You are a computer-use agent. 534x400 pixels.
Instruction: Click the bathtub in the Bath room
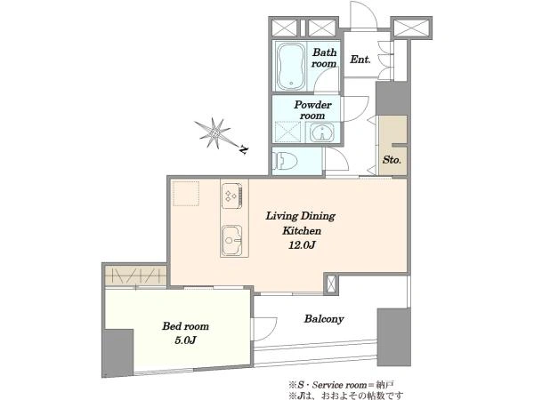point(290,66)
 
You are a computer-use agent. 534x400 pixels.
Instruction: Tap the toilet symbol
point(285,160)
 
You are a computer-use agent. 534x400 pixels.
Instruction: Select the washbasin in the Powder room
point(322,132)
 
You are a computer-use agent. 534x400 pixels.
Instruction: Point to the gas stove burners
point(232,196)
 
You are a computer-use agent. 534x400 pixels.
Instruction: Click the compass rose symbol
point(214,133)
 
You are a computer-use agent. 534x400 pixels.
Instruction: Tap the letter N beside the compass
point(244,149)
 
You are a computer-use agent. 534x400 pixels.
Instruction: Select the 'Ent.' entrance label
point(360,60)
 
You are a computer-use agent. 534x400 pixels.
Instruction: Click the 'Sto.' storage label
point(392,159)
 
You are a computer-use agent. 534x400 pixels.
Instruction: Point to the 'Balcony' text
point(324,319)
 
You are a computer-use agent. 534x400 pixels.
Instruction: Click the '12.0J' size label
point(302,245)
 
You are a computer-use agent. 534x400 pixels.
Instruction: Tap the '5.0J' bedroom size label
point(186,340)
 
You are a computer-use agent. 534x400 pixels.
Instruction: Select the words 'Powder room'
point(312,110)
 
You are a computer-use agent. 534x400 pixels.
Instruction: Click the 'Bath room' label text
point(324,58)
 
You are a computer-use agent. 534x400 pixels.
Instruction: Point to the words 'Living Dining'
point(301,216)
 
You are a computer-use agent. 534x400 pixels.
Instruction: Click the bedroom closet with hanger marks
point(135,276)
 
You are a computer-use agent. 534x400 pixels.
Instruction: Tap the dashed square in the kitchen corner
point(186,194)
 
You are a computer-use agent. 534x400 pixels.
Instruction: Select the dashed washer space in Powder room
point(287,132)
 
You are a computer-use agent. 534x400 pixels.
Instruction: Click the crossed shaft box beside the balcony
point(331,284)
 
